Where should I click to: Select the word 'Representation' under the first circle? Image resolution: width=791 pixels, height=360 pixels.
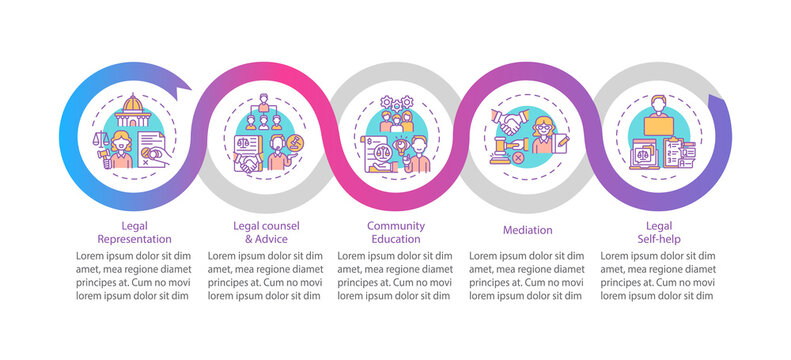pyautogui.click(x=134, y=239)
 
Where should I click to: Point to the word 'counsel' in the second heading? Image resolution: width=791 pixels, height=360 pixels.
pyautogui.click(x=283, y=226)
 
